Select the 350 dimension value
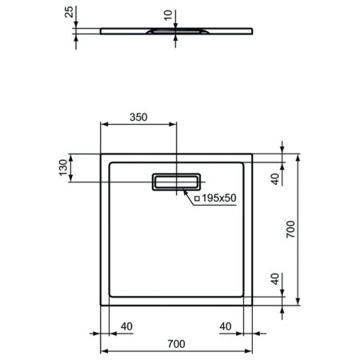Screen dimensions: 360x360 click(x=138, y=116)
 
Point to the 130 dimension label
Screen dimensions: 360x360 click(x=62, y=168)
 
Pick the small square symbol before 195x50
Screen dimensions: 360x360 click(x=197, y=198)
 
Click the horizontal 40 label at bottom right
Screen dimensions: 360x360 click(x=226, y=326)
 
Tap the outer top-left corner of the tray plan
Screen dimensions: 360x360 click(x=99, y=154)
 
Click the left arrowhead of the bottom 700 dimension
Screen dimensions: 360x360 click(x=102, y=352)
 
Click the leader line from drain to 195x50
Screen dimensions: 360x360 click(x=187, y=194)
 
